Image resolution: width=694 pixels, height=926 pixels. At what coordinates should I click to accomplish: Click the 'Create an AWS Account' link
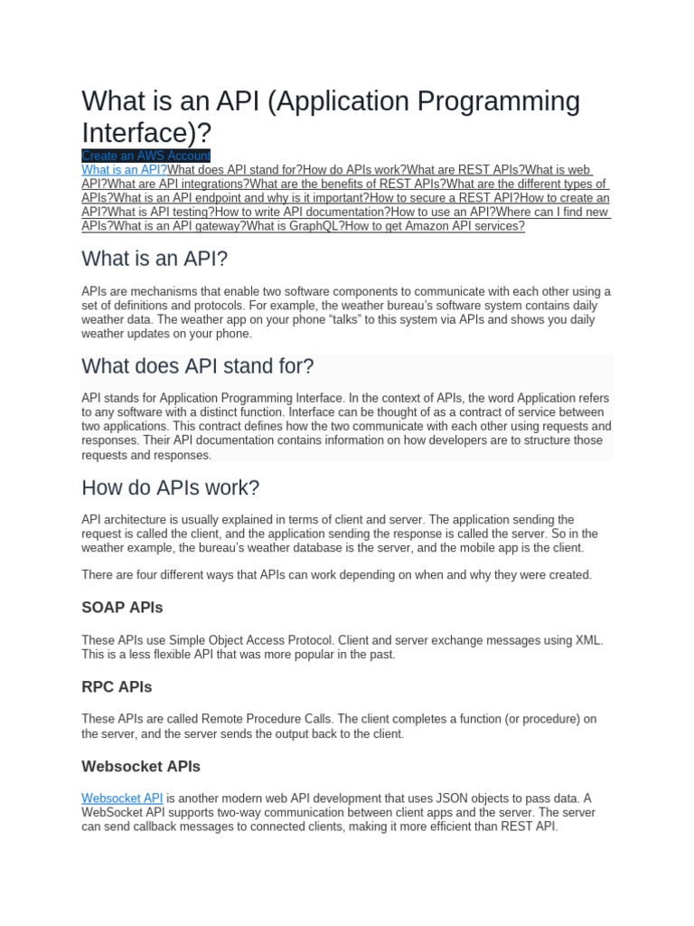(145, 156)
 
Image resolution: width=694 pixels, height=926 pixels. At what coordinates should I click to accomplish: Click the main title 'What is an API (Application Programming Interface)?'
(331, 116)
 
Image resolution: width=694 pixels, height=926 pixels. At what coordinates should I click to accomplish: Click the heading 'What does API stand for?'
(198, 366)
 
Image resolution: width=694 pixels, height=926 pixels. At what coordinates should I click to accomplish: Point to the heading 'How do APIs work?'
(170, 488)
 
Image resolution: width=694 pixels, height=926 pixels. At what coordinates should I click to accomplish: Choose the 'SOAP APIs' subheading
(122, 607)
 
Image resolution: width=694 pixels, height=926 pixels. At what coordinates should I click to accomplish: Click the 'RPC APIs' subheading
(117, 686)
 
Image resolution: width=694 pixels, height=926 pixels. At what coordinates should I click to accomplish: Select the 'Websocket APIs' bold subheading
(141, 766)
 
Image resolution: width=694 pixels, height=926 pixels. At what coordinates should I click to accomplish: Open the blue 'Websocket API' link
(122, 798)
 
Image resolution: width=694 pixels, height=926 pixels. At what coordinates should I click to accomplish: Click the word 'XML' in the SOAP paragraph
(588, 640)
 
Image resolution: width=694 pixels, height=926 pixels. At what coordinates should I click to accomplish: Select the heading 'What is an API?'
(155, 260)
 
